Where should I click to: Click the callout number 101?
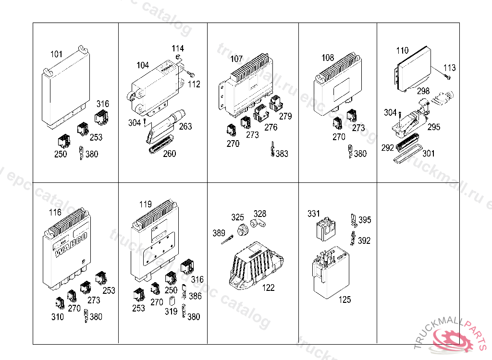(x=57, y=54)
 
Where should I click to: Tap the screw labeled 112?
(x=190, y=75)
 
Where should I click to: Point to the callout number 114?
(x=178, y=48)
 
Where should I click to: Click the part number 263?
(x=185, y=126)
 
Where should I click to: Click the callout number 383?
(x=282, y=154)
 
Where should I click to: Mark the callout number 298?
(x=423, y=91)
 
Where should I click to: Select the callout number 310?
(x=57, y=317)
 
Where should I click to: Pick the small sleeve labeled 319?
(x=172, y=302)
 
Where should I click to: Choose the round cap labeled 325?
(x=242, y=229)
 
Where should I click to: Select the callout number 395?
(x=365, y=220)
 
